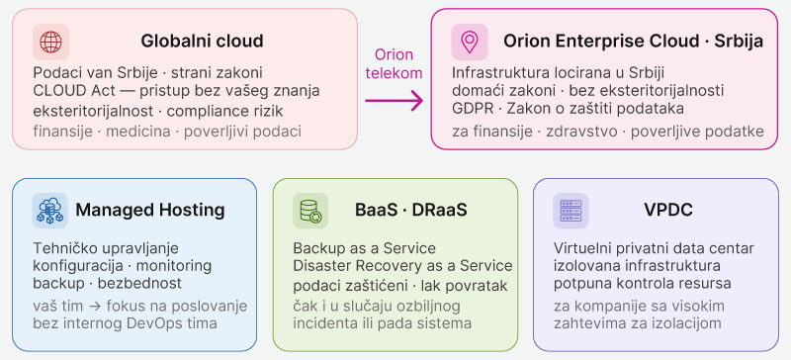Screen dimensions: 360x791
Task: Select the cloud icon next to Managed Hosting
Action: click(x=49, y=210)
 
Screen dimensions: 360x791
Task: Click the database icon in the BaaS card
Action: click(x=309, y=210)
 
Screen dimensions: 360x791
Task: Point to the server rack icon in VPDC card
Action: click(x=571, y=210)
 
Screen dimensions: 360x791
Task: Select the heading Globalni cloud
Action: click(x=202, y=42)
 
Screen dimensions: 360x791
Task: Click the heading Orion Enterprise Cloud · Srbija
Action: click(x=633, y=42)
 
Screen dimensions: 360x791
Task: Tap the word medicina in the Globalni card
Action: click(x=134, y=131)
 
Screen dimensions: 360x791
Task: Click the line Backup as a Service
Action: click(x=366, y=247)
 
